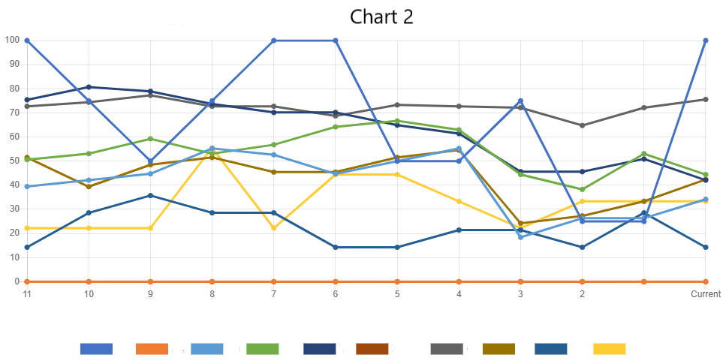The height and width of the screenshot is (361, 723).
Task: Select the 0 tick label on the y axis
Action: click(x=16, y=281)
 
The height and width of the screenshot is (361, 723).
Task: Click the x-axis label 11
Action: click(x=27, y=294)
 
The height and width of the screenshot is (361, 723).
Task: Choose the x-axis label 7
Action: click(x=273, y=294)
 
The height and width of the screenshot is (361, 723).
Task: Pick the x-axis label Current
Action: click(x=706, y=294)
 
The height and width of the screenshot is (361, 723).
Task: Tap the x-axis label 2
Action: click(x=582, y=294)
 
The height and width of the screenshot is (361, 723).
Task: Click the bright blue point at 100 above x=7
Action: click(x=273, y=41)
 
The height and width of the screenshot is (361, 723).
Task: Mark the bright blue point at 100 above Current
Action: click(x=706, y=41)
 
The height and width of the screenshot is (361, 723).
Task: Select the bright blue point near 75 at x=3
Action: click(x=520, y=101)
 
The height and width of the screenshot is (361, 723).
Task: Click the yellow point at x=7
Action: click(x=273, y=228)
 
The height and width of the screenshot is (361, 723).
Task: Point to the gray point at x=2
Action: click(x=582, y=125)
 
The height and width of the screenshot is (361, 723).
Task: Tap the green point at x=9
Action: click(x=150, y=139)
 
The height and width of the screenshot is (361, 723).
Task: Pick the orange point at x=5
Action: click(x=397, y=281)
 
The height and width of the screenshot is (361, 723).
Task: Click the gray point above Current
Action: click(x=706, y=99)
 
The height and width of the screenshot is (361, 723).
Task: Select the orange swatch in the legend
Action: click(x=151, y=349)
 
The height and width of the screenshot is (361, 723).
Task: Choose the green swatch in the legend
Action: click(x=262, y=349)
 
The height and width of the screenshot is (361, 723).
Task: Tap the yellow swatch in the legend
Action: click(x=609, y=349)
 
